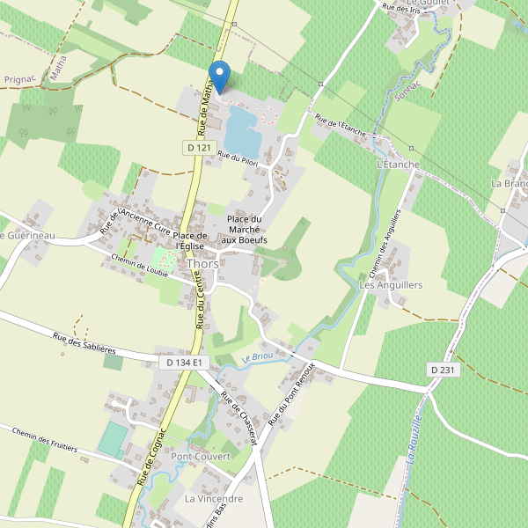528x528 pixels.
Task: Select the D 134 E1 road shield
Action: click(185, 363)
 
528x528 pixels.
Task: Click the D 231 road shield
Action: click(444, 370)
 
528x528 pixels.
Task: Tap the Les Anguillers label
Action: click(392, 285)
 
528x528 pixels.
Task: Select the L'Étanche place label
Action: click(398, 165)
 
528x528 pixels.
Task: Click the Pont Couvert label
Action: click(201, 457)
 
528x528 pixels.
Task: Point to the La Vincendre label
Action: click(214, 498)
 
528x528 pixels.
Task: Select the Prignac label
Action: click(18, 79)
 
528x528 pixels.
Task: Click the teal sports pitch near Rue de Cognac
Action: click(113, 439)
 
